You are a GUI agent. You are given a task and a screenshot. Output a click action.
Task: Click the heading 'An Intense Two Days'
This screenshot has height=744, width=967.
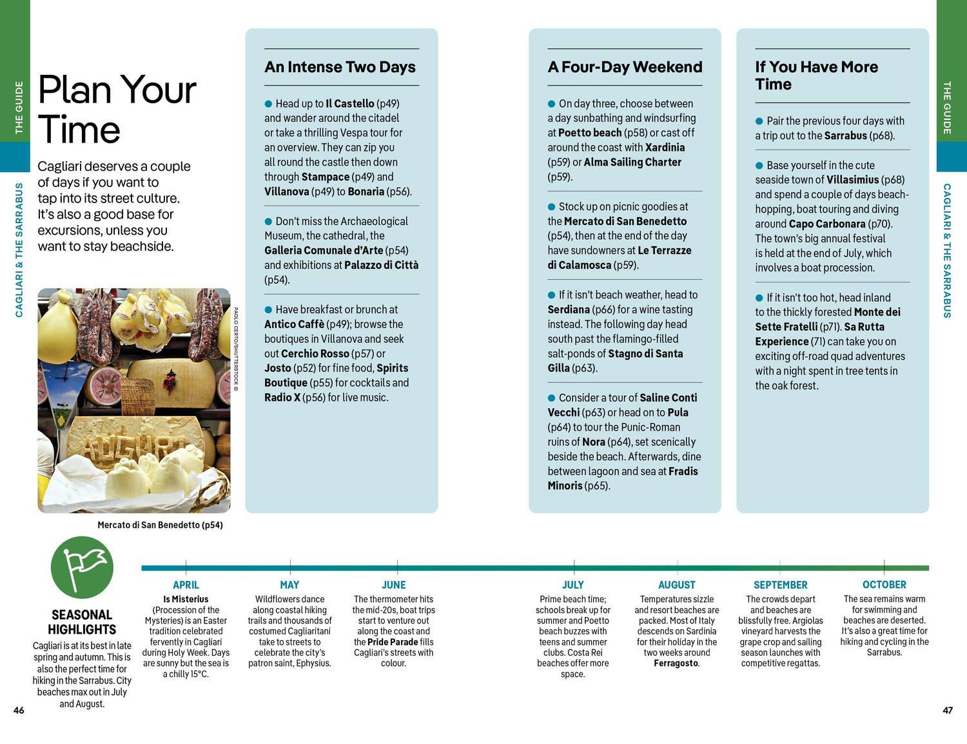coord(340,67)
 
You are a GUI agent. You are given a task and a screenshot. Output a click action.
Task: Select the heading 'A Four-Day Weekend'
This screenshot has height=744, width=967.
coord(625,67)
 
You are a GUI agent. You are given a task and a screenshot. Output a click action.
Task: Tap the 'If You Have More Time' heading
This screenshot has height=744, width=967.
coord(816,75)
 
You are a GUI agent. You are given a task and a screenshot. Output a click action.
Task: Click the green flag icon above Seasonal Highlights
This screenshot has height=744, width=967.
coord(82,567)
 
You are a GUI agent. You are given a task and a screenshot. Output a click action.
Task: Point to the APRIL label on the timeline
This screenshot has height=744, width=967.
coord(186,585)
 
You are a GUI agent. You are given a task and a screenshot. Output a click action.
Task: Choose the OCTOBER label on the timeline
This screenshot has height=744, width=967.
coord(884,585)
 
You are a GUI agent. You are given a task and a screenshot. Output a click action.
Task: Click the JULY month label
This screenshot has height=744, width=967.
coord(572,585)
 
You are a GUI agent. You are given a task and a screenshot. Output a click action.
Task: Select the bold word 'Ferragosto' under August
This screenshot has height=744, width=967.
coord(676,663)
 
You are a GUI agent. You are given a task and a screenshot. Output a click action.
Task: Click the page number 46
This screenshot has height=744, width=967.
coord(19,710)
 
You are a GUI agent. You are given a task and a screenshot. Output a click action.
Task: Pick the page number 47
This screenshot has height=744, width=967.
coord(947,710)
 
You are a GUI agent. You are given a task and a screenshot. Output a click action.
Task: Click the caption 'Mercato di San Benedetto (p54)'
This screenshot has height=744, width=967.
coord(160,525)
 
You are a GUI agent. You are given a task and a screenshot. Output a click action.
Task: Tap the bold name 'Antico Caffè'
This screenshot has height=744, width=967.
coord(294,324)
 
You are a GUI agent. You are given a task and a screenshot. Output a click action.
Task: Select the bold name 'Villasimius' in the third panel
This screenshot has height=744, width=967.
coord(852,180)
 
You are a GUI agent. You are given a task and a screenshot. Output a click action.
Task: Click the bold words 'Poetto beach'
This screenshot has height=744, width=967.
coord(590,133)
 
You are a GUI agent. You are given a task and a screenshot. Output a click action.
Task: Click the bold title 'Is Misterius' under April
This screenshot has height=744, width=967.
coord(186,600)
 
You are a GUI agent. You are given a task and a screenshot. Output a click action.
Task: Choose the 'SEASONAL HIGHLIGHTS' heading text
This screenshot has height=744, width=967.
coord(82,622)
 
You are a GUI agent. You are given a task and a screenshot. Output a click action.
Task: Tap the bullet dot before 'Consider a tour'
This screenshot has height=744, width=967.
coord(551,398)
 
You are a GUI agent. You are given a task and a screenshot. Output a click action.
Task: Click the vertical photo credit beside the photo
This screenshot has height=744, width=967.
coord(236,348)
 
